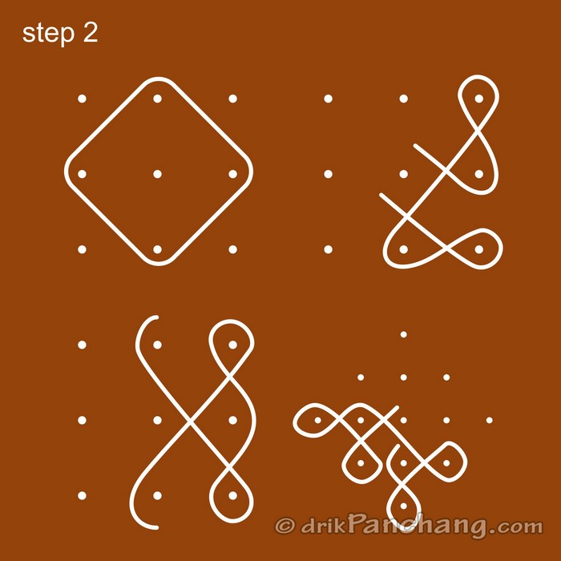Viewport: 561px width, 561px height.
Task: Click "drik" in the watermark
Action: coord(324,527)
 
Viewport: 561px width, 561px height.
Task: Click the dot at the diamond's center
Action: coord(158,174)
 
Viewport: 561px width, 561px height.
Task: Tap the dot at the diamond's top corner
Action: coord(158,99)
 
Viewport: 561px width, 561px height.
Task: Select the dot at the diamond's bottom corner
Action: coord(158,249)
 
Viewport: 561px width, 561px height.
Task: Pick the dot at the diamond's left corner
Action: coord(83,174)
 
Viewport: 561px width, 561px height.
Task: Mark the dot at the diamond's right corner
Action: coord(233,174)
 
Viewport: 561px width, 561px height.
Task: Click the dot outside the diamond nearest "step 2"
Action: coord(83,99)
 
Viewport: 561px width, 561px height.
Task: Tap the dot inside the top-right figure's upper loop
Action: coord(479,99)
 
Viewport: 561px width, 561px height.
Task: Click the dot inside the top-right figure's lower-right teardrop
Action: coord(479,249)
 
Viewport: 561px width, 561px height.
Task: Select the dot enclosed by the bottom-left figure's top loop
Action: coord(233,345)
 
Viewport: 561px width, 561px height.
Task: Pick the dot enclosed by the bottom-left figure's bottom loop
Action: coord(233,495)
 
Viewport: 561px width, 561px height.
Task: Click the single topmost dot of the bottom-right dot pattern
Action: coord(404,334)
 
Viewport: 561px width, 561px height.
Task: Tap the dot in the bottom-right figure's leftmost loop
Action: coord(318,420)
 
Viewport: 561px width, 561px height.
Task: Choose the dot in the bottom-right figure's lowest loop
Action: coord(404,505)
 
